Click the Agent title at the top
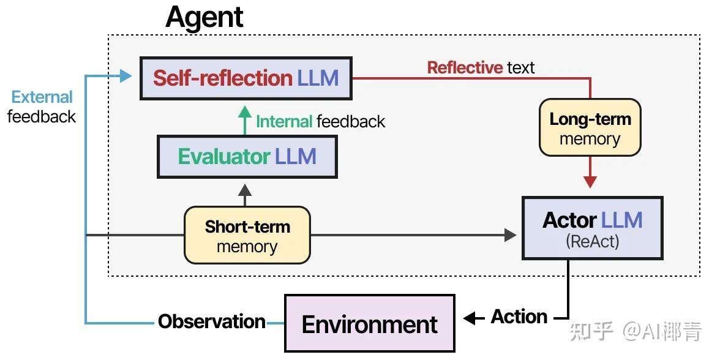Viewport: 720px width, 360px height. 204,17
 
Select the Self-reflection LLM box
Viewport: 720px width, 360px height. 246,78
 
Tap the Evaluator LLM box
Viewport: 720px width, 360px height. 247,157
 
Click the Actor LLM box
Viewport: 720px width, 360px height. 592,228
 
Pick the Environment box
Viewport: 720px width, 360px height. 369,324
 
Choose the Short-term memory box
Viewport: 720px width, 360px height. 247,236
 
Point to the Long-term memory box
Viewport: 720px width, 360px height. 590,128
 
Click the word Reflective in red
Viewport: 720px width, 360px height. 465,67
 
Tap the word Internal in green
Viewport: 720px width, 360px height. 284,121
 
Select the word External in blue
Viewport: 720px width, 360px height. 42,97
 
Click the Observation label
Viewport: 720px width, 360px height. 212,321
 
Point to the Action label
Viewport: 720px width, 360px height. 519,317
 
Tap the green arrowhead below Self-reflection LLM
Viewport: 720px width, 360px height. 244,111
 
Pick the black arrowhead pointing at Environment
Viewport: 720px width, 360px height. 470,318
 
